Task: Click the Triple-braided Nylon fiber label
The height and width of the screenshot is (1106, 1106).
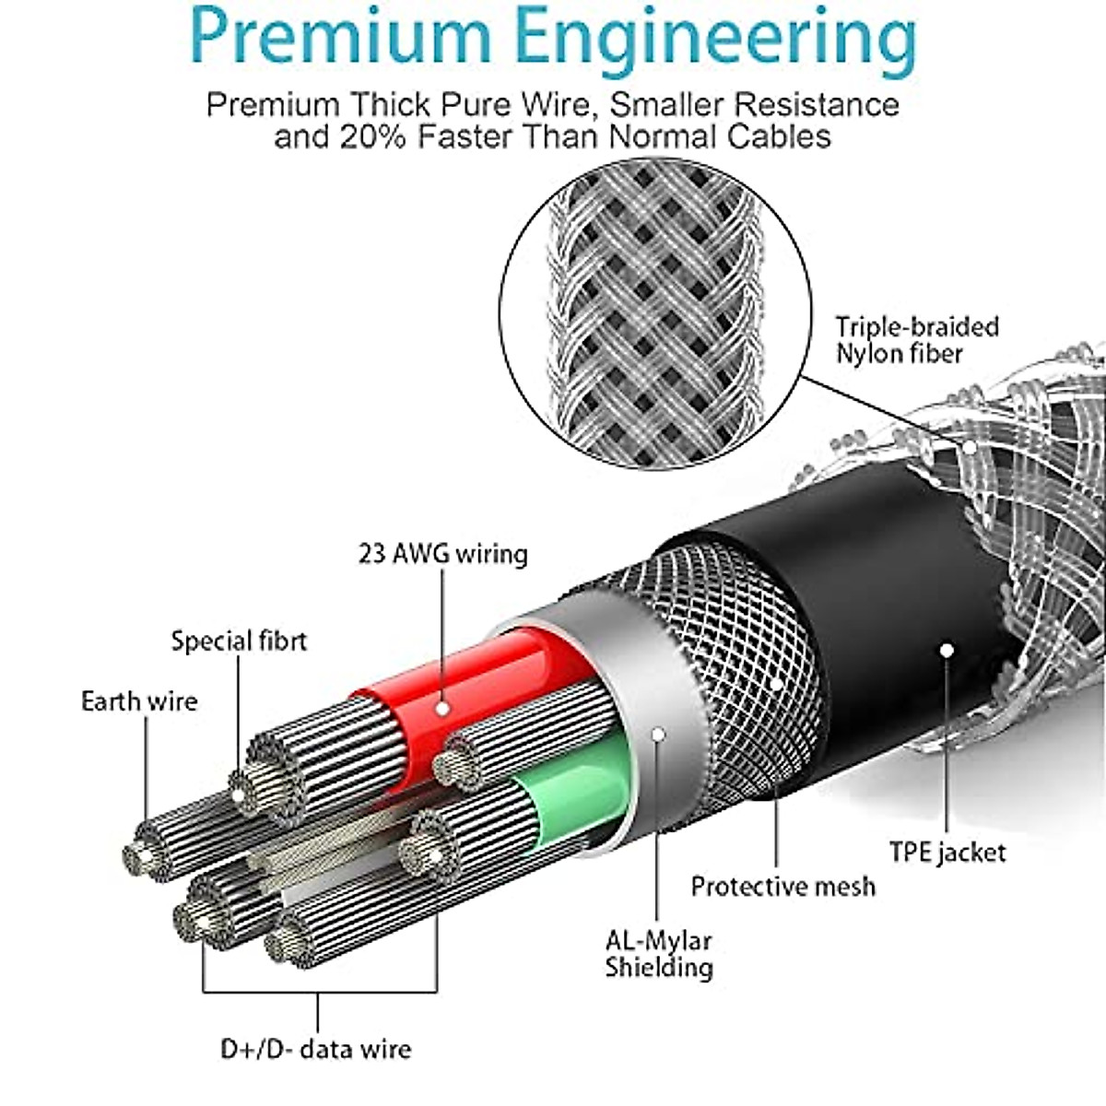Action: point(916,340)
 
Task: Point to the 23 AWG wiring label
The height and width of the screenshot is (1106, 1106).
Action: point(443,554)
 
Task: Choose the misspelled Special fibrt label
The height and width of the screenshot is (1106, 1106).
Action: point(240,641)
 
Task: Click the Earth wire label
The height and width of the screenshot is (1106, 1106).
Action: point(139,700)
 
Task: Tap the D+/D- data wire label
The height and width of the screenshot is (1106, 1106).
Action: point(316,1049)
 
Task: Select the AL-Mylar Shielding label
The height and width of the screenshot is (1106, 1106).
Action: point(659,953)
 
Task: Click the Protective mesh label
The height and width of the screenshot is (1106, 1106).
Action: point(782,887)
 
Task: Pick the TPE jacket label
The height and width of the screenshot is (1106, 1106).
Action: point(947,853)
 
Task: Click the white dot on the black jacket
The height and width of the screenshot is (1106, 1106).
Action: point(947,651)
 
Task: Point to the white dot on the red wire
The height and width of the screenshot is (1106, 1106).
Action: point(442,709)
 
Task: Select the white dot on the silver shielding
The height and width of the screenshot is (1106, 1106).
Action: point(658,734)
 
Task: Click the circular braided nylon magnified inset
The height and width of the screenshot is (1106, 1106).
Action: point(655,313)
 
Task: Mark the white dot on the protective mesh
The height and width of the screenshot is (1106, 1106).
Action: point(776,684)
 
